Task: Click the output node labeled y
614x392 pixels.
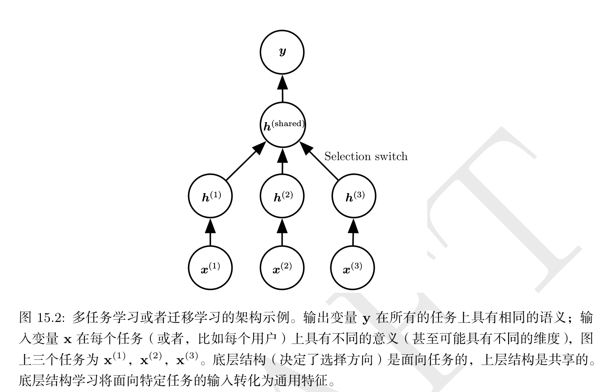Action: [x=282, y=52]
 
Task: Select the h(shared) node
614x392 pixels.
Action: [x=282, y=125]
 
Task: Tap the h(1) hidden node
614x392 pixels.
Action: [x=210, y=197]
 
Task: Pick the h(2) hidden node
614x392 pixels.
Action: [x=282, y=197]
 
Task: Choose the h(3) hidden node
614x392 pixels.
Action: [x=354, y=197]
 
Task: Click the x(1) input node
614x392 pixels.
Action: [x=210, y=269]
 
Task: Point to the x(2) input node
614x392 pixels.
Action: [x=282, y=269]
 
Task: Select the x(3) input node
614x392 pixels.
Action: [x=353, y=269]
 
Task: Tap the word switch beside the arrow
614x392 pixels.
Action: [x=392, y=156]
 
